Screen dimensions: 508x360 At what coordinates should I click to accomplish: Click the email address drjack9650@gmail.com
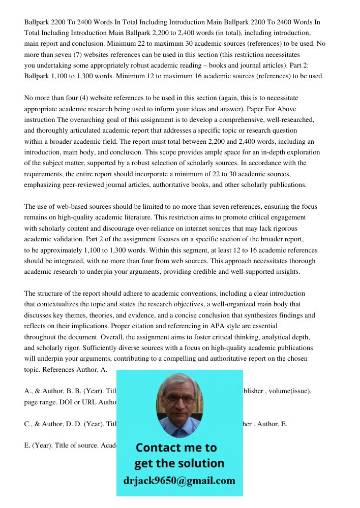click(179, 481)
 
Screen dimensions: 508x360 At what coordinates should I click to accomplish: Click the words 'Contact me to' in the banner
click(176, 448)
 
